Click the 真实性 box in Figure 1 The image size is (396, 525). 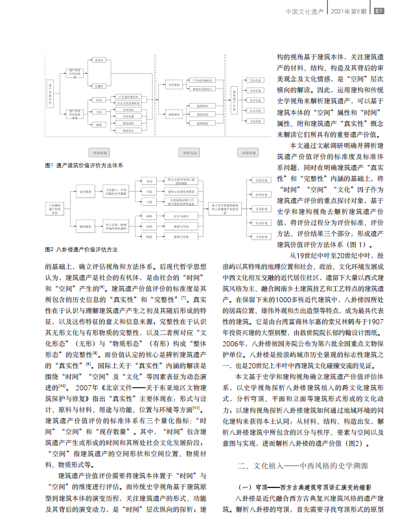pyautogui.click(x=99, y=59)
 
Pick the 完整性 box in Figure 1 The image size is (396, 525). pyautogui.click(x=99, y=85)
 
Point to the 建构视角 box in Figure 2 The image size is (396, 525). pyautogui.click(x=85, y=227)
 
